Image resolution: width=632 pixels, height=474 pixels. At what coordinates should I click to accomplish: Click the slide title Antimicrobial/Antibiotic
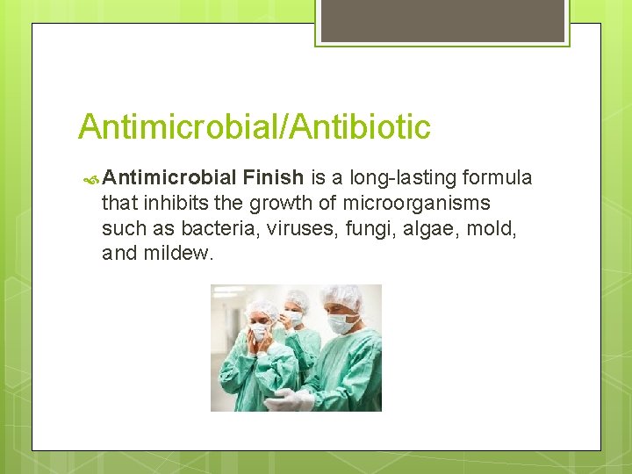pos(255,127)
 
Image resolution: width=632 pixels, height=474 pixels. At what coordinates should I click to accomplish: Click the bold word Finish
pos(272,179)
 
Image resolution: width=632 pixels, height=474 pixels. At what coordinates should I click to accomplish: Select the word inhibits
pos(170,204)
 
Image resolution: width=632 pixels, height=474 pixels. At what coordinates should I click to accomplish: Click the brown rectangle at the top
pos(442,21)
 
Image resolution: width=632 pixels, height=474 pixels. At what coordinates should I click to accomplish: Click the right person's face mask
pos(341,324)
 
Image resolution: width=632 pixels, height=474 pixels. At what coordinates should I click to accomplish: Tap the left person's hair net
pos(262,307)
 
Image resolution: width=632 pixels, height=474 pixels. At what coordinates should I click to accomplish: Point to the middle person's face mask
pos(295,318)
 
